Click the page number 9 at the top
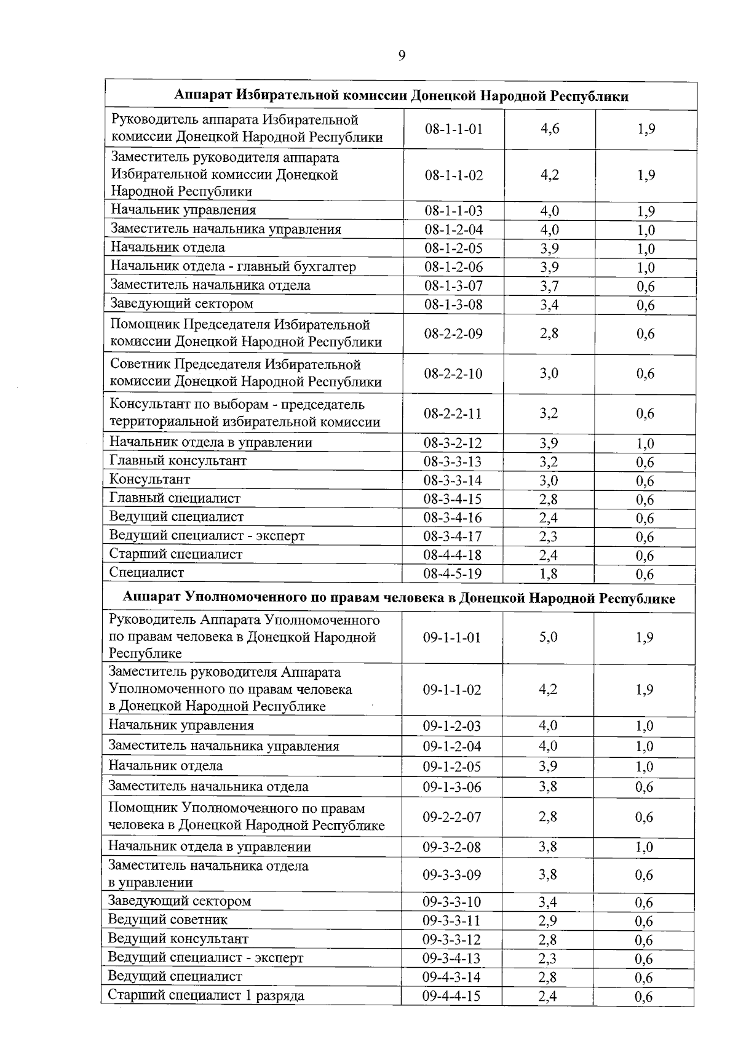(402, 56)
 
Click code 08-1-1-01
(453, 129)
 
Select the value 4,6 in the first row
(550, 129)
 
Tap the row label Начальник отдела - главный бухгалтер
(233, 266)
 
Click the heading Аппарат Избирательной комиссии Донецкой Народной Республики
(401, 96)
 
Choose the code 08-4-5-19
(452, 574)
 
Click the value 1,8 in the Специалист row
(549, 574)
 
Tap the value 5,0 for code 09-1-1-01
(548, 637)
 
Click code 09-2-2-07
(451, 817)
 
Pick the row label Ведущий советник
(168, 920)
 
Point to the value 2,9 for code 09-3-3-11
(547, 921)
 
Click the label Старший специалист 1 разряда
(206, 995)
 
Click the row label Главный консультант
(178, 461)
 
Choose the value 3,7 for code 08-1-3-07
(549, 286)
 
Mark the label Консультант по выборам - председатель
(237, 405)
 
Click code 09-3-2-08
(451, 847)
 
